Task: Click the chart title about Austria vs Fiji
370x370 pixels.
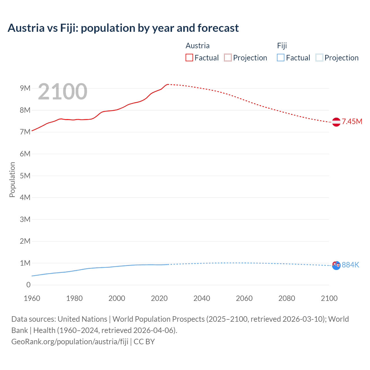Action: [x=123, y=28]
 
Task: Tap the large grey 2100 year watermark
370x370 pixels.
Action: [x=62, y=92]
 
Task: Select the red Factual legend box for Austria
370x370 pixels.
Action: [x=189, y=58]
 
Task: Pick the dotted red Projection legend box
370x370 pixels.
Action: [x=228, y=58]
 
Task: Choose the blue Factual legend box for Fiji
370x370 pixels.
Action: [x=280, y=58]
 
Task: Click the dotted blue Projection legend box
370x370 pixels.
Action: [x=319, y=58]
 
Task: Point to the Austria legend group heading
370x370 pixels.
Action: [x=197, y=46]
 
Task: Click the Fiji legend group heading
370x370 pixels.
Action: [x=282, y=46]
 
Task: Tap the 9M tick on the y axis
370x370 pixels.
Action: [x=25, y=88]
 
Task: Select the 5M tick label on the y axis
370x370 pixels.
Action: [x=25, y=176]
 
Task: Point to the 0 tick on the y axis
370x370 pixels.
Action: [x=28, y=285]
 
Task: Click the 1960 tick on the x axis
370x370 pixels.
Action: [x=32, y=298]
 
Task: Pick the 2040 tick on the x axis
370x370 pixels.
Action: [x=202, y=298]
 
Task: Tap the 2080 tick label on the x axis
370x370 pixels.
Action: [x=287, y=298]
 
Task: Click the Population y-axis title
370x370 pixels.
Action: [x=12, y=180]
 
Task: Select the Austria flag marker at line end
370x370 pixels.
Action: [x=336, y=122]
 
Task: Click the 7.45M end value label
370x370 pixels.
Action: [x=352, y=121]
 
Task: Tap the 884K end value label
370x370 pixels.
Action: [x=350, y=265]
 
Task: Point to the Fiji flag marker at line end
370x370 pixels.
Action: [x=336, y=265]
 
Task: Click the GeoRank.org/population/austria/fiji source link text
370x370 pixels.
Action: [x=70, y=341]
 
